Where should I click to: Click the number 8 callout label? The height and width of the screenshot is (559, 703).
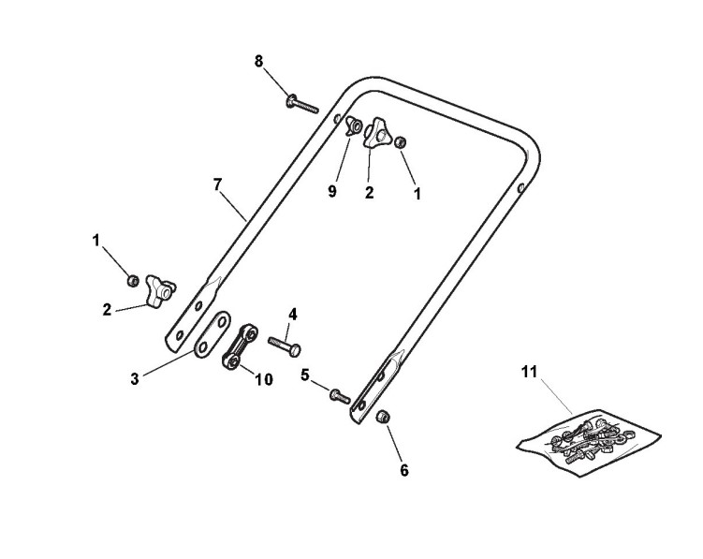[x=259, y=61]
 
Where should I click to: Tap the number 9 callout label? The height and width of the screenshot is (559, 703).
[x=331, y=191]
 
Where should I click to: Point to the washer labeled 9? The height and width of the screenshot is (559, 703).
[x=357, y=125]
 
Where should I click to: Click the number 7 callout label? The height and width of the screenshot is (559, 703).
[x=217, y=184]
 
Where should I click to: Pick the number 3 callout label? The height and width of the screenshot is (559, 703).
[x=135, y=378]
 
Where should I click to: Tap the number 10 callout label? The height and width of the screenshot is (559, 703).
[x=265, y=380]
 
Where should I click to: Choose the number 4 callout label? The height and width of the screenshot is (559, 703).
[x=292, y=314]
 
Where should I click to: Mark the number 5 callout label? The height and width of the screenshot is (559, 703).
[x=305, y=375]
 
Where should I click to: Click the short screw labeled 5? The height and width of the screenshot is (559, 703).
[x=339, y=396]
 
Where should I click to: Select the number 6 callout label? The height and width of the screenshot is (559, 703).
[x=404, y=471]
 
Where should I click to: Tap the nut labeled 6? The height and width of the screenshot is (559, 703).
[x=382, y=417]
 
